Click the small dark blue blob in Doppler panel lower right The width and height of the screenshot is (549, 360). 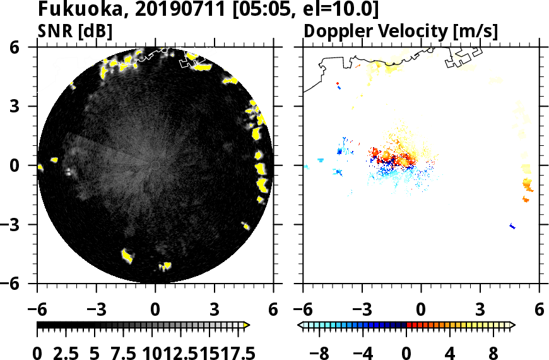(512, 226)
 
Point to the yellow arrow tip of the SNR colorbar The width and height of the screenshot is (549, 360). (247, 325)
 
